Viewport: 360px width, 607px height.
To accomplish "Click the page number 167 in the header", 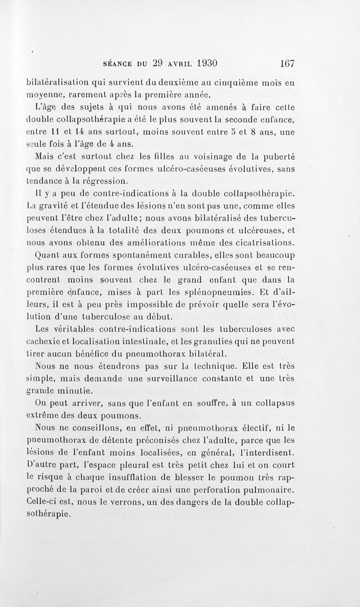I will [287, 63].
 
